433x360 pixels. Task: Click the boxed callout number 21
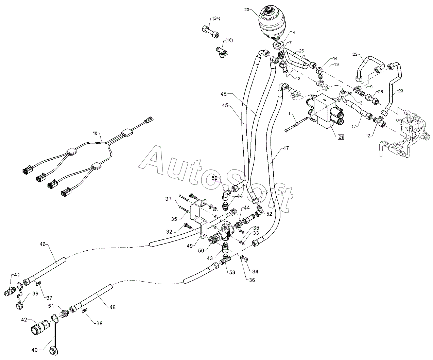click(341, 137)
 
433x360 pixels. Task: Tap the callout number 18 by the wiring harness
click(95, 133)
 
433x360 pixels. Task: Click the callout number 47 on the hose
click(286, 148)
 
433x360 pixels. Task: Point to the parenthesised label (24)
click(216, 18)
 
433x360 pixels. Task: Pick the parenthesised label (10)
click(229, 40)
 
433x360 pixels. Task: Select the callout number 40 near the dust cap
click(35, 350)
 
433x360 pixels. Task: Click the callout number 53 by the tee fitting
click(232, 272)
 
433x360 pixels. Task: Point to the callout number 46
click(42, 244)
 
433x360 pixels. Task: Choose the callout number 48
click(112, 307)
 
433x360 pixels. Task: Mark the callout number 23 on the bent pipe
click(401, 91)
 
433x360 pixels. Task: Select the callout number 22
click(355, 54)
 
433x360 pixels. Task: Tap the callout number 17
click(354, 126)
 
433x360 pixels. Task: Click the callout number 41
click(17, 275)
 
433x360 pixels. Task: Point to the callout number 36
click(252, 280)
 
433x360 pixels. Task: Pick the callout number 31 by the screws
click(168, 199)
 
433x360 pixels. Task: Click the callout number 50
click(201, 251)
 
